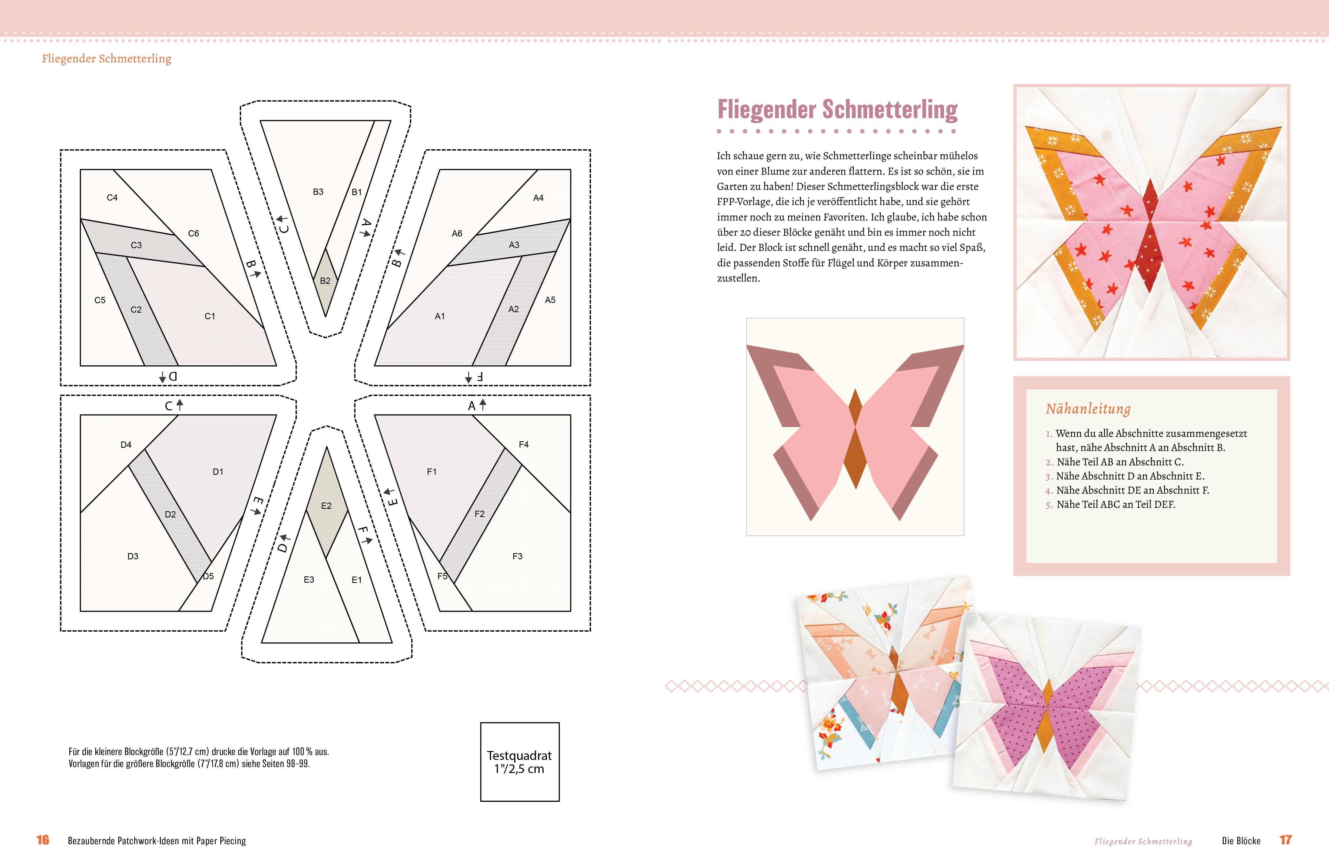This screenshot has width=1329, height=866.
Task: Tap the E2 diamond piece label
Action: tap(326, 506)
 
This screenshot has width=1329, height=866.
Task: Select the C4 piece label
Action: tap(112, 197)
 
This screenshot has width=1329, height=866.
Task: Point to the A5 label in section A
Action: tap(550, 300)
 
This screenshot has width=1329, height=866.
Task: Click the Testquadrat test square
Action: tap(519, 762)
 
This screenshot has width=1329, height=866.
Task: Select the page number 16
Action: tap(43, 840)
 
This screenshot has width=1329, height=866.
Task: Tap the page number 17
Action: tap(1286, 840)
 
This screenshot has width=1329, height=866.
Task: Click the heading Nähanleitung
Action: tap(1088, 409)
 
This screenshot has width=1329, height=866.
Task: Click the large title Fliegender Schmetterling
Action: tap(837, 109)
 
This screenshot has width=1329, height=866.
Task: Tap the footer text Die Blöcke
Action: tap(1241, 841)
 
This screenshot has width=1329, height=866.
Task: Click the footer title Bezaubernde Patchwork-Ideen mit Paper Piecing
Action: tap(157, 841)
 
